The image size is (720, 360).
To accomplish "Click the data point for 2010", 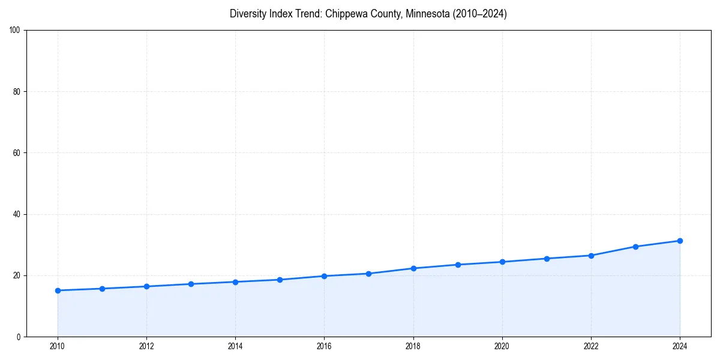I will click(58, 290).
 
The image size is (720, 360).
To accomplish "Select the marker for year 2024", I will click(680, 241).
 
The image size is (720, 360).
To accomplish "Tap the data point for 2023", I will click(635, 247).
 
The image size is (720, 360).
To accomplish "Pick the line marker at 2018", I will click(413, 268).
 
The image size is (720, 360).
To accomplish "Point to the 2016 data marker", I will click(324, 276).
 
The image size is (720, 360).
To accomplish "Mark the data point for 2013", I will click(191, 284).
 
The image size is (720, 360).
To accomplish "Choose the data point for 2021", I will click(547, 259).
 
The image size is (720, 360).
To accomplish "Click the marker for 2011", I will click(102, 289).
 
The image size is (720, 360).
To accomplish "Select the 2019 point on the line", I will click(458, 265).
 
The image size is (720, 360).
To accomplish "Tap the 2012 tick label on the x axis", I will click(146, 346).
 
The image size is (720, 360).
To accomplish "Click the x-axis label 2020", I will click(502, 346).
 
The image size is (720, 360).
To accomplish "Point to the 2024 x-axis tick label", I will click(680, 346).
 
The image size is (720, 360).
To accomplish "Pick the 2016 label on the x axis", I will click(324, 346).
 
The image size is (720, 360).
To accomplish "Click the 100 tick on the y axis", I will click(15, 31).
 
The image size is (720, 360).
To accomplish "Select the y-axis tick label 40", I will click(17, 214).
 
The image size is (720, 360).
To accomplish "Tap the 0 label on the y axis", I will click(19, 337).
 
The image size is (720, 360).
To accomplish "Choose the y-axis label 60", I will click(17, 153).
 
